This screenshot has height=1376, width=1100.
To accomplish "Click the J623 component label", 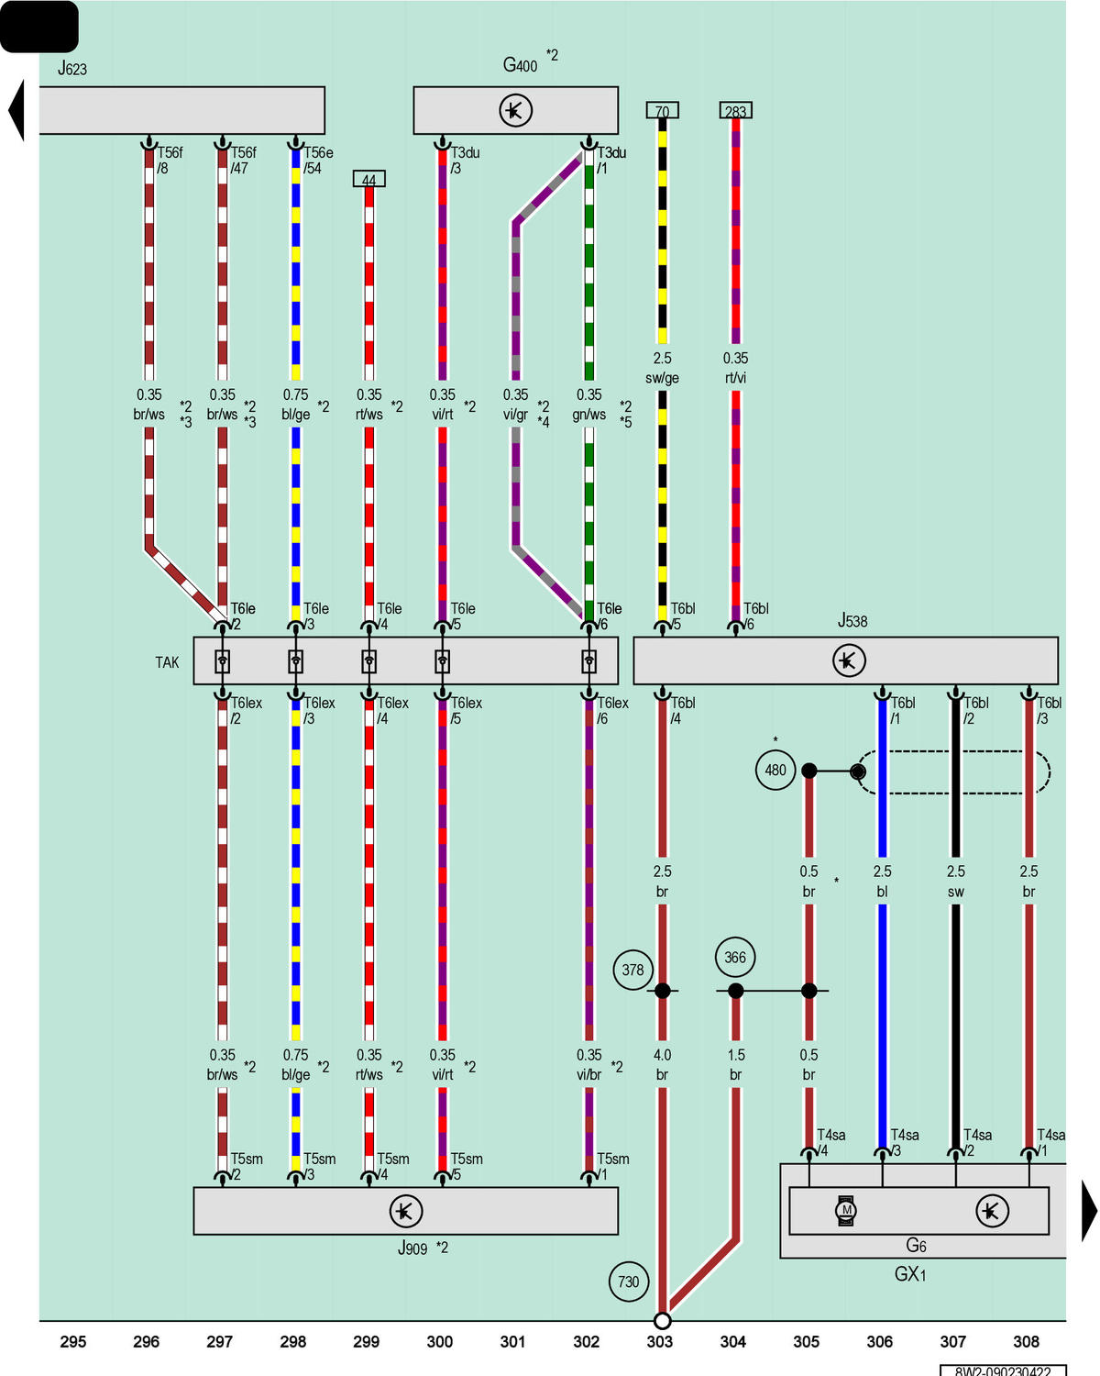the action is click(72, 68).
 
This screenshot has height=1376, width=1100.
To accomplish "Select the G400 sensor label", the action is click(520, 64).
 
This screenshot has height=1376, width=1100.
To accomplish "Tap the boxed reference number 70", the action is click(662, 111).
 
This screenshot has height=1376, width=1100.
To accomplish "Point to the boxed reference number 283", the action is click(736, 111).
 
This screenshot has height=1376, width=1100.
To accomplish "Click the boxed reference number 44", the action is click(368, 179).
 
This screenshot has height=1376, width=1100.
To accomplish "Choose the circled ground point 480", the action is click(775, 770).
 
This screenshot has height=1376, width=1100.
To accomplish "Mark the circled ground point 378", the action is click(632, 970).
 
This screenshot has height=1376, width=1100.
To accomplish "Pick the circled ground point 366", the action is click(735, 957).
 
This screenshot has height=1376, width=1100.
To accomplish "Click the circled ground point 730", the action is click(628, 1282).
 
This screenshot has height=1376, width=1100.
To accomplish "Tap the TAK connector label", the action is click(167, 662).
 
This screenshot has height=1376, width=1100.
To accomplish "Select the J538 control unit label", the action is click(852, 620).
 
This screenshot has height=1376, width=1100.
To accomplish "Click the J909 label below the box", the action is click(412, 1248).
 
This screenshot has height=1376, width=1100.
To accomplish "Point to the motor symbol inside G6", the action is click(846, 1210).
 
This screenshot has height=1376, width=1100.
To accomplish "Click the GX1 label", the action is click(910, 1273).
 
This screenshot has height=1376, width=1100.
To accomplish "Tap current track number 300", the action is click(440, 1341).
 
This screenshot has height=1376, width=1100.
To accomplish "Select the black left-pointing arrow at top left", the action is click(16, 110).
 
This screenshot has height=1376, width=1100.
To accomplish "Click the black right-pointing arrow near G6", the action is click(1089, 1210).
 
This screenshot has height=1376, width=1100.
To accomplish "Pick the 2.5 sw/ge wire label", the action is click(662, 368).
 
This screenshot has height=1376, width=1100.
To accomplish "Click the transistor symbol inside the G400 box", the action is click(516, 111).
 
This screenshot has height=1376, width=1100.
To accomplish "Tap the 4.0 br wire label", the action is click(662, 1065).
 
